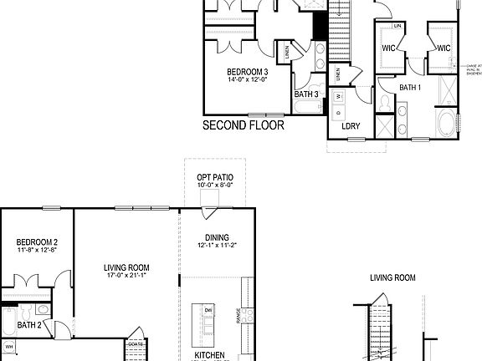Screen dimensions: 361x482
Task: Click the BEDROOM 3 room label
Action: click(246, 71)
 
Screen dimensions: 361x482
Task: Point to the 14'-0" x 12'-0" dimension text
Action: click(246, 80)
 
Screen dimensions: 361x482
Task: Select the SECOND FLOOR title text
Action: click(244, 126)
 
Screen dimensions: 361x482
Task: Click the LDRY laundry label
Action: click(351, 126)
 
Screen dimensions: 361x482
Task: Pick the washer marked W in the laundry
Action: click(339, 97)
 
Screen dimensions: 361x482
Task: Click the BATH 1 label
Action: click(409, 87)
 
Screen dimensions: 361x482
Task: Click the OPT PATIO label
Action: click(214, 178)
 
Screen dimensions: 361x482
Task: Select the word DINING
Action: click(216, 237)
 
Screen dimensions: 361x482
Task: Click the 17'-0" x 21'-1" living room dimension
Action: click(126, 277)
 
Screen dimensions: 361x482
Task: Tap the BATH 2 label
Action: click(30, 325)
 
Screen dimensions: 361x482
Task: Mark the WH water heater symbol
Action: click(10, 346)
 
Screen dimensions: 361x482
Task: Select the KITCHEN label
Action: click(210, 354)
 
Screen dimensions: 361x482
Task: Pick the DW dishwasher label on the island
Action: click(208, 308)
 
